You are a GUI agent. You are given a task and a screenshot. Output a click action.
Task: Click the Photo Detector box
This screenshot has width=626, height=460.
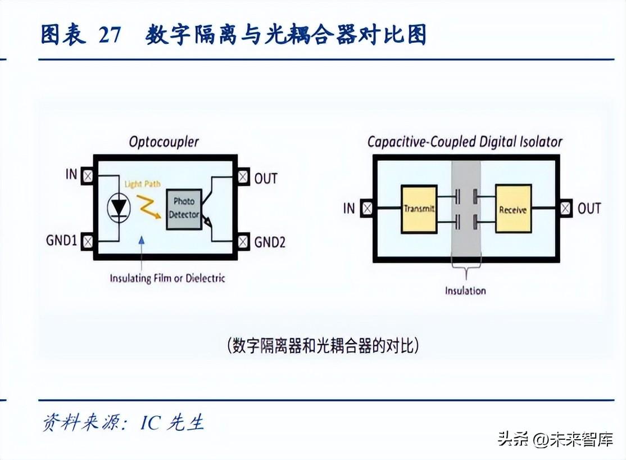pos(183,209)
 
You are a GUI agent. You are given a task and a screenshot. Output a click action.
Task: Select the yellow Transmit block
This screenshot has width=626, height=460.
pos(419,209)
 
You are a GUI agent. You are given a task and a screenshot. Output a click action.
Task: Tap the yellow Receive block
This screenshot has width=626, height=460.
pos(512,209)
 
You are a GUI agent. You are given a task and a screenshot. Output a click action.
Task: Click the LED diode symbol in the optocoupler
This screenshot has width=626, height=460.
pos(119,208)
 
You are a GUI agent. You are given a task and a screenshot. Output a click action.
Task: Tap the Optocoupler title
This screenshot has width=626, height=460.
pos(164,141)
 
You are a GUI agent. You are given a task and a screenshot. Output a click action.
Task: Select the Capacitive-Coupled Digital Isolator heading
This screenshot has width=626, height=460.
pos(465,142)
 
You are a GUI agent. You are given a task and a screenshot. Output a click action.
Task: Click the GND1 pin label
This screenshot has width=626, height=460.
pos(61,242)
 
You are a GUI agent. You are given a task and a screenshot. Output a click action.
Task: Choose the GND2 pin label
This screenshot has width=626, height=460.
pos(270,242)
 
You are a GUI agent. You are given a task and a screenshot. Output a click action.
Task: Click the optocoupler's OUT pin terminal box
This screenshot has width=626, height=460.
pos(243,177)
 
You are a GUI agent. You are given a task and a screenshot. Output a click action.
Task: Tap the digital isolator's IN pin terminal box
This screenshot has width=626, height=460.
pos(367,209)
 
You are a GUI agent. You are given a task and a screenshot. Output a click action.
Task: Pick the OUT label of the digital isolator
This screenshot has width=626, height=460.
pos(589,209)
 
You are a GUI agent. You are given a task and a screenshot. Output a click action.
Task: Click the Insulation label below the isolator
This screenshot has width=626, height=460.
pos(465,291)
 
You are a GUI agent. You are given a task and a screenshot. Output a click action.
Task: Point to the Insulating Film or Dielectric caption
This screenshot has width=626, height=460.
pos(167,278)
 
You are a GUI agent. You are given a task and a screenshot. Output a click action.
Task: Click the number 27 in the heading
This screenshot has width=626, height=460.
pos(109,35)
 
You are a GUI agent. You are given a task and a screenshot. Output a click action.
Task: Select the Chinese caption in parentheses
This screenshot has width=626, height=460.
pos(323,345)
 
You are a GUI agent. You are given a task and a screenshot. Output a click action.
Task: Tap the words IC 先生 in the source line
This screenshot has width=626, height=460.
pos(172,422)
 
